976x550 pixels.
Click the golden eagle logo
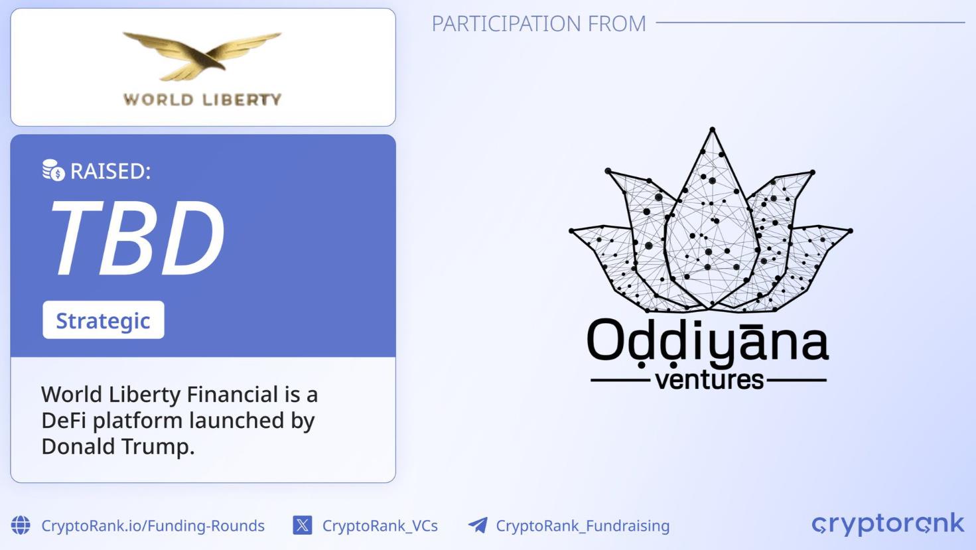pos(202,56)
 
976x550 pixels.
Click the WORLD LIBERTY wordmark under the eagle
pos(202,100)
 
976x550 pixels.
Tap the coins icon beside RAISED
pos(53,170)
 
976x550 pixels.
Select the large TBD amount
pos(139,238)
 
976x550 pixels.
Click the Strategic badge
pos(104,320)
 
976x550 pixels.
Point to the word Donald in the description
pos(78,447)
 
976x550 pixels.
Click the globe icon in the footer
pos(21,525)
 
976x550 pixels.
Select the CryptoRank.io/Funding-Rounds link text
pos(153,525)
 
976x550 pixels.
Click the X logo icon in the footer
pos(303,525)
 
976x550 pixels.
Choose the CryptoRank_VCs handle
pos(380,526)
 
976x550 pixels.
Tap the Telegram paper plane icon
pos(478,525)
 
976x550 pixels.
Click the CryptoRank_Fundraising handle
pos(583,526)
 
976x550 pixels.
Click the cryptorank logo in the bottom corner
pos(888,523)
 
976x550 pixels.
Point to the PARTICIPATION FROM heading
pos(539,23)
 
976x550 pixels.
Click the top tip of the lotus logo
pos(713,129)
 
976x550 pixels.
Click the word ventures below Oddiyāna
pos(709,379)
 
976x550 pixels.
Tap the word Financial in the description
pos(232,394)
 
